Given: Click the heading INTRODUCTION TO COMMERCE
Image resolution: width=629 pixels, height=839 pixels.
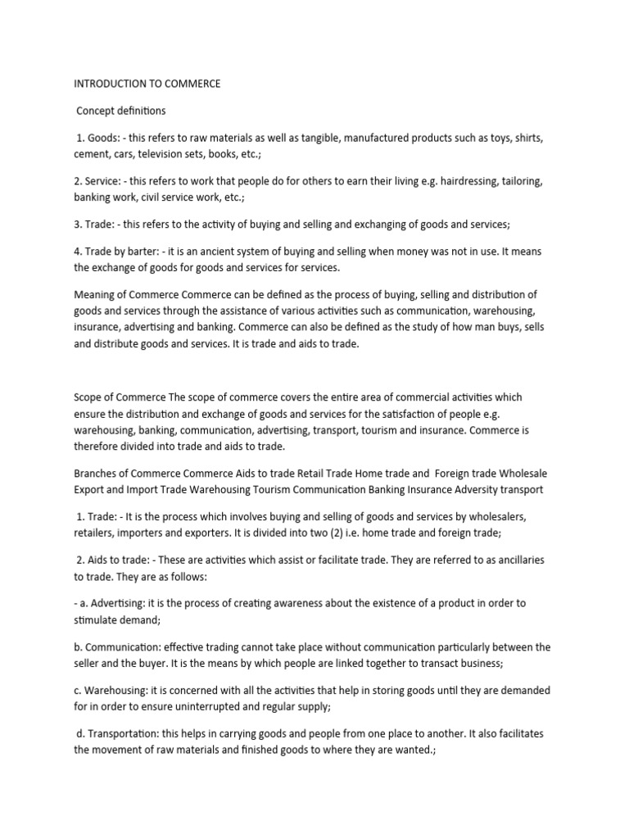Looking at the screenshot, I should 147,84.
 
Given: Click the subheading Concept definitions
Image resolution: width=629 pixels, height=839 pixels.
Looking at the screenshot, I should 120,111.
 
